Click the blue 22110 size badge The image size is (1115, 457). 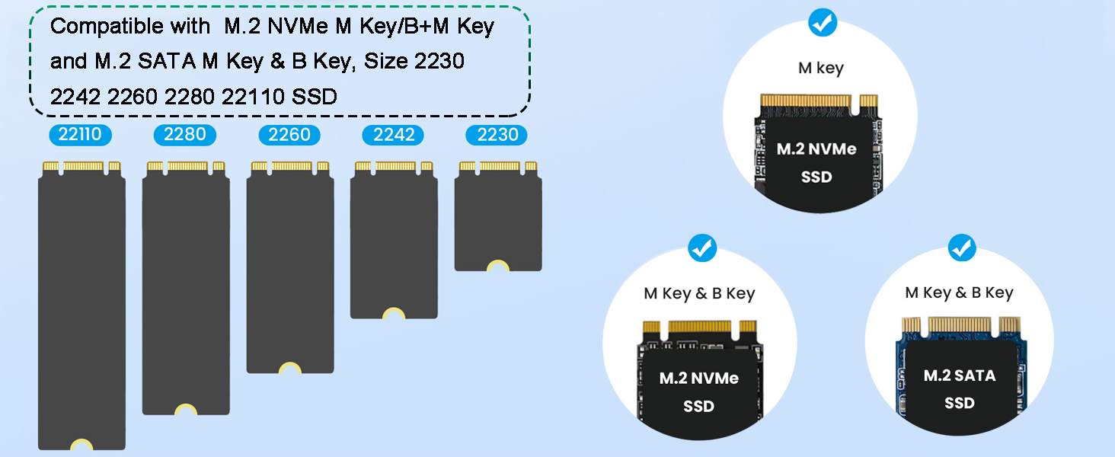tap(80, 135)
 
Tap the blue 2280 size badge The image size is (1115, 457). tap(184, 135)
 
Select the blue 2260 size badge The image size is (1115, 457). tap(289, 135)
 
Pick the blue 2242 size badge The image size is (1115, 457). tap(393, 135)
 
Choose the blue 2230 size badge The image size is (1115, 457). tap(497, 135)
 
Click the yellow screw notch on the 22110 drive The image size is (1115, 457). tap(81, 444)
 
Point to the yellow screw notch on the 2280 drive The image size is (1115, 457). tap(186, 409)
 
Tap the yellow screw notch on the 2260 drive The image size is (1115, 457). tap(290, 368)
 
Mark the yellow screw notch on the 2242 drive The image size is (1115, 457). tap(394, 313)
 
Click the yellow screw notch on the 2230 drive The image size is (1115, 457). tap(498, 265)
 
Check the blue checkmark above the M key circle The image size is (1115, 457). tap(823, 22)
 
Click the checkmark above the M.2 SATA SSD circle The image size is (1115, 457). tap(962, 248)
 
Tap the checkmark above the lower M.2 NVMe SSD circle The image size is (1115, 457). tap(702, 248)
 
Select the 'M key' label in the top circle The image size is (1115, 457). tap(821, 68)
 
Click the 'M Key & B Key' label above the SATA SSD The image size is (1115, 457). tap(959, 292)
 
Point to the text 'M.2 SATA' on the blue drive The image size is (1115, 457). tap(959, 376)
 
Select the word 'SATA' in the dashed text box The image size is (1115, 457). tap(167, 61)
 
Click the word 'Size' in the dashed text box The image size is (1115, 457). tap(386, 61)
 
